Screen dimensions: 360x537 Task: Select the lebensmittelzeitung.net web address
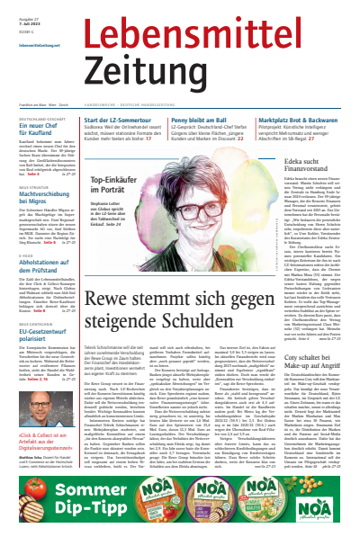38,43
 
